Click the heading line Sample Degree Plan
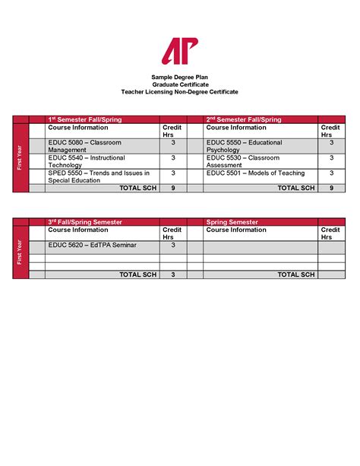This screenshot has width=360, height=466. [x=179, y=78]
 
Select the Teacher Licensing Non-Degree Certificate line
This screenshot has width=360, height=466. [x=179, y=91]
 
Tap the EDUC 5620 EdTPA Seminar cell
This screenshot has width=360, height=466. [x=84, y=246]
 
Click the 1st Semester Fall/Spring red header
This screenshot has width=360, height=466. [x=90, y=119]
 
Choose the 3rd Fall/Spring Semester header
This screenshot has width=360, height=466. [x=90, y=221]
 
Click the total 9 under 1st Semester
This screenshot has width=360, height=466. [x=172, y=187]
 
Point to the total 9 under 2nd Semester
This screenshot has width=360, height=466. [x=330, y=187]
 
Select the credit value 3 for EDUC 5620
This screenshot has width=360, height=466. [x=172, y=246]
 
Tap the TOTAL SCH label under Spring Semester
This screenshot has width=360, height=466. [x=296, y=274]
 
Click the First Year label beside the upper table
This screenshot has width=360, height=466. [x=20, y=157]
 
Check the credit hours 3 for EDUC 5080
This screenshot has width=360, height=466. [x=172, y=143]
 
